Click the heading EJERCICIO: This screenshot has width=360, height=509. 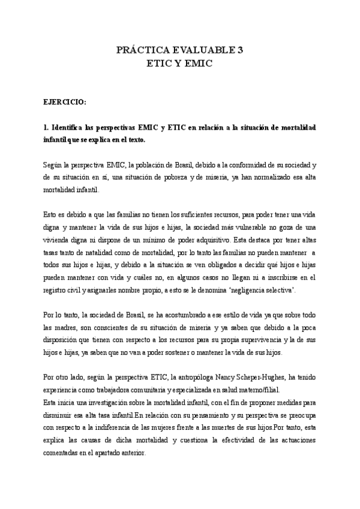coord(64,103)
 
